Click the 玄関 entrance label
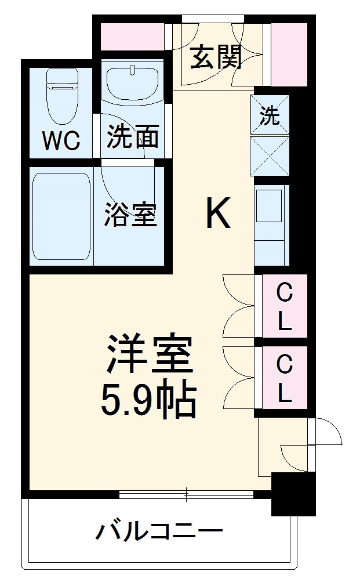point(216,57)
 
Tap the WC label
point(61,140)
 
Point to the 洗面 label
point(133,136)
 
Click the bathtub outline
point(61,217)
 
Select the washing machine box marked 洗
point(270,114)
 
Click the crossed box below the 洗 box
point(270,156)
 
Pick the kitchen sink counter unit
point(271,225)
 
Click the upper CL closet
point(285,306)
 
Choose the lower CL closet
point(285,377)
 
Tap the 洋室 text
point(150,353)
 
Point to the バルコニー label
point(159,531)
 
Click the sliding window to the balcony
point(186,494)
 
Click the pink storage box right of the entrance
point(289,55)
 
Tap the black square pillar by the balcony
point(293,494)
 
